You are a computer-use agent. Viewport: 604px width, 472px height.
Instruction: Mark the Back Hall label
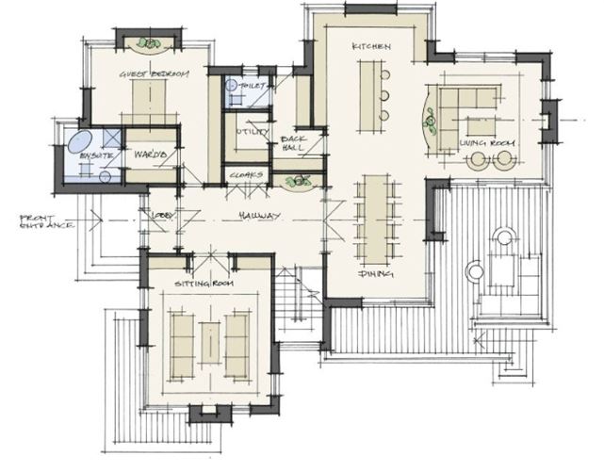(x=294, y=143)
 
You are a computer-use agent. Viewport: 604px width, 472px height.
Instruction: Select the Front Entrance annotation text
(x=45, y=223)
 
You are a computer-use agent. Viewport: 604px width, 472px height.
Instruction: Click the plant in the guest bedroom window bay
(x=149, y=43)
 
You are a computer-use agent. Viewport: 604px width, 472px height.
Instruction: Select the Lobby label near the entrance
(x=162, y=217)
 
